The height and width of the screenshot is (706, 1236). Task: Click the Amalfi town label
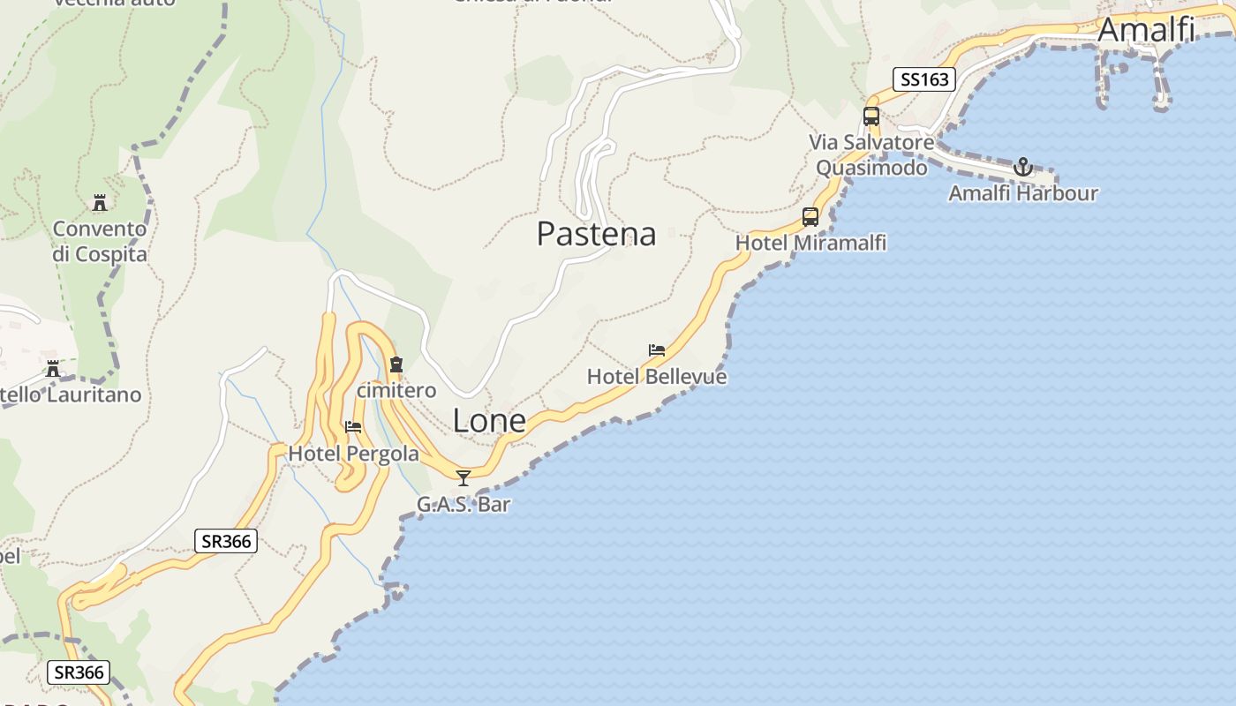1146,29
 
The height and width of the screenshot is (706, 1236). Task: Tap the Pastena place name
597,234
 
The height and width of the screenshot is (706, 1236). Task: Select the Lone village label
489,421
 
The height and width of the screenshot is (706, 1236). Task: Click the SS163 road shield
924,79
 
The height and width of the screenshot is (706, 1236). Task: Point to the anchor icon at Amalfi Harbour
1022,166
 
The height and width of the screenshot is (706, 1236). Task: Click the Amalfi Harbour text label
1022,192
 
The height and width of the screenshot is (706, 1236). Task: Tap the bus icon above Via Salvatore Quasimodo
870,116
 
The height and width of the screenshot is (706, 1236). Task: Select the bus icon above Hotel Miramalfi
810,216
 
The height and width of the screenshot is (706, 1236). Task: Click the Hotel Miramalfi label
810,243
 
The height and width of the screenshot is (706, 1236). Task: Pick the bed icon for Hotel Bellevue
656,349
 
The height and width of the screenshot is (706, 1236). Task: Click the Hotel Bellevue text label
657,377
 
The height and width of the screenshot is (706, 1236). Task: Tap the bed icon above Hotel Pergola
353,426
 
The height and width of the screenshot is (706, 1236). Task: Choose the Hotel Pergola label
353,454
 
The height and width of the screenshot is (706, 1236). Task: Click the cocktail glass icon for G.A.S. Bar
463,478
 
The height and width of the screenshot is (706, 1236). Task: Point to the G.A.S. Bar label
463,505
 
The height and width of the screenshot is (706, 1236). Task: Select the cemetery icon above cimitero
396,364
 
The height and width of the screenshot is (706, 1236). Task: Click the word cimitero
396,390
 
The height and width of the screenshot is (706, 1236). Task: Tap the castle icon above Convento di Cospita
100,202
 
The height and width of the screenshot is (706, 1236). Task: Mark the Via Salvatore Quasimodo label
871,154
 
